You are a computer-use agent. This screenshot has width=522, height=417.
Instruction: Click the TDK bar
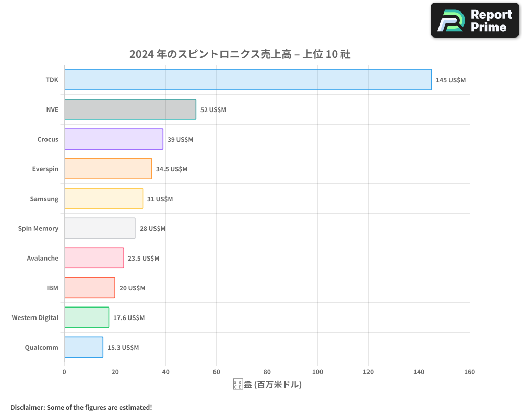248,80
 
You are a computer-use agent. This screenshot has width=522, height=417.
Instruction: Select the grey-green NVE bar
130,109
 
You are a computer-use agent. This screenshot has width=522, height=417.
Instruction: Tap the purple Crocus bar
114,139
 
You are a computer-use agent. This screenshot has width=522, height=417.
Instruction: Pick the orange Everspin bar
108,169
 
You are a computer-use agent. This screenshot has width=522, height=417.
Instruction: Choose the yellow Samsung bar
103,199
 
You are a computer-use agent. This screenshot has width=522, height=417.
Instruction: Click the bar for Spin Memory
100,228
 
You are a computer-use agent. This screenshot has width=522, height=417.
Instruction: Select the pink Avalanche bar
94,258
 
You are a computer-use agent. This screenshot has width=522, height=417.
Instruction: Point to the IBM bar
89,288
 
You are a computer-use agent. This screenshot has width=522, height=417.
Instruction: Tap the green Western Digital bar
87,317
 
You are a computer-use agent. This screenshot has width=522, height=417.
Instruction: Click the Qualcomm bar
84,347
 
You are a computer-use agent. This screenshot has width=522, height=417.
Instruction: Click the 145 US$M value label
450,80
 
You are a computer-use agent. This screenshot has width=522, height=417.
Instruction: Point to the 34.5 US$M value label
171,169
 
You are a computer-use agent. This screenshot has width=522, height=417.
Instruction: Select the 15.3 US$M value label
123,348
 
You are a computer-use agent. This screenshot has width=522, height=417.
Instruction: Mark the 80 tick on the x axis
267,372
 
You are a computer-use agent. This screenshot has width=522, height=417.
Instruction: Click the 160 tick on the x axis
469,372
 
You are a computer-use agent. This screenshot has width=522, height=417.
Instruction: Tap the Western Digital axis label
35,317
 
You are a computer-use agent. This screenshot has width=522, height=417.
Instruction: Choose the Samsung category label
44,199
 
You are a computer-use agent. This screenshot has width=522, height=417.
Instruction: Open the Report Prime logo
474,20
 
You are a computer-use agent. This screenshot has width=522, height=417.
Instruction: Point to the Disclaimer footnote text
81,407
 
